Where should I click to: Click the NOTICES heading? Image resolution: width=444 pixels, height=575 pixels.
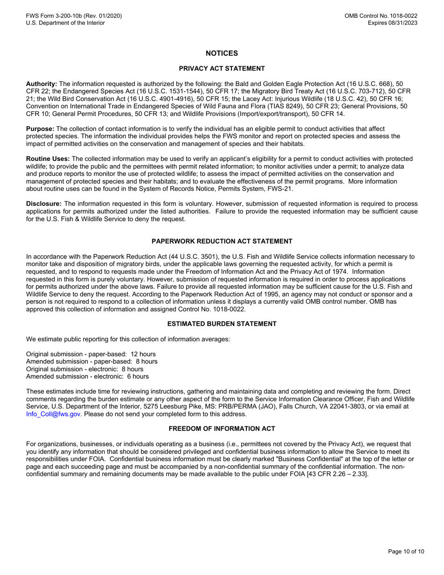[222, 54]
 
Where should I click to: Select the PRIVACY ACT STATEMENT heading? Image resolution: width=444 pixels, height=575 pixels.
[222, 69]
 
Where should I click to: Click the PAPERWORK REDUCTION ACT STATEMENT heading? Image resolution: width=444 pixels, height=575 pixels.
[222, 241]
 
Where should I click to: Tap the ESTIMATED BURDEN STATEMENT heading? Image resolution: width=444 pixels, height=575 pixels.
[222, 323]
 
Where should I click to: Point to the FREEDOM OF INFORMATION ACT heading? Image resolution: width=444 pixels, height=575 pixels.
[222, 428]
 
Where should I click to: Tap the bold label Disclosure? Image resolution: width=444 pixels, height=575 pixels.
[43, 204]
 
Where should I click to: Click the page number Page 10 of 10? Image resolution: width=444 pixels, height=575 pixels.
[406, 552]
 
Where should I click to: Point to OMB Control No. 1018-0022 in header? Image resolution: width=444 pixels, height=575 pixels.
[381, 16]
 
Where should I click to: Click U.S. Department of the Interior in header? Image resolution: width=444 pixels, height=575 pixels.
[65, 23]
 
